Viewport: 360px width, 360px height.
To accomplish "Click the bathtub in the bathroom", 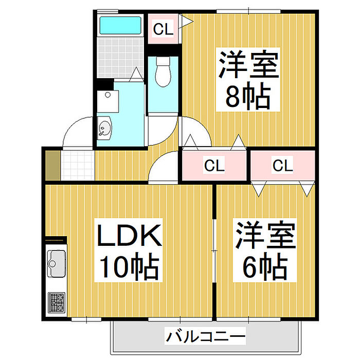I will (120, 25).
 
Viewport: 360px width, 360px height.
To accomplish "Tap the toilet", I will (164, 72).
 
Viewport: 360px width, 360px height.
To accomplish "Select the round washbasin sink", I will (104, 127).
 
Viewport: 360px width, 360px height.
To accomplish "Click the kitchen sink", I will (55, 263).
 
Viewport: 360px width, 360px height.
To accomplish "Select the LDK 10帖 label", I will (130, 250).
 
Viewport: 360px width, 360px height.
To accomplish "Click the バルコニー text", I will (205, 338).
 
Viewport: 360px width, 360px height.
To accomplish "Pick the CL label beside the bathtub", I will (163, 30).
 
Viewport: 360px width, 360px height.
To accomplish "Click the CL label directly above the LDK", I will (214, 166).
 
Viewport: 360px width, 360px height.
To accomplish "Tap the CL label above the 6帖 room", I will (282, 166).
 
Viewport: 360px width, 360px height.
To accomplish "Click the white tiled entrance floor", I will (78, 165).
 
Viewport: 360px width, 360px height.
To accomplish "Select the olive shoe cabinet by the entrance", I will (52, 165).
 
